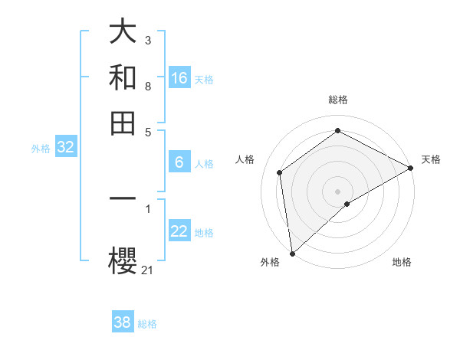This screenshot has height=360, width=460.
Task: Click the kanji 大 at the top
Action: [123, 33]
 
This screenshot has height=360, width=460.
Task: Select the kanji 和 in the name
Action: [123, 78]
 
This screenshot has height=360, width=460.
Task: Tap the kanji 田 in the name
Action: [123, 122]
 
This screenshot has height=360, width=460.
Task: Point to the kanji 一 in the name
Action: [123, 198]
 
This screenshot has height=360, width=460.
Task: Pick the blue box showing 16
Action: [179, 78]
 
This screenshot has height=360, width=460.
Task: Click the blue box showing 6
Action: [179, 162]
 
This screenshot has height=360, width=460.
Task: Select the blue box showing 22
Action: [179, 232]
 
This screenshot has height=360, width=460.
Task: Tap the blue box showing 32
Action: [65, 148]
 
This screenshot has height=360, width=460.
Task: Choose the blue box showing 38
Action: [123, 322]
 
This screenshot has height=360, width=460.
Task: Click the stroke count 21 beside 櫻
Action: [148, 270]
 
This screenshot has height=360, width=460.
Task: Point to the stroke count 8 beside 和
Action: [148, 87]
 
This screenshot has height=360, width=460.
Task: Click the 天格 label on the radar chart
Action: [431, 159]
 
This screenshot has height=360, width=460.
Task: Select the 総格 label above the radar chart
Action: [338, 100]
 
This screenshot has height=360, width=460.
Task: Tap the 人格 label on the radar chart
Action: [245, 159]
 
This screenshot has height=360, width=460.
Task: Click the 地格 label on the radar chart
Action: [402, 262]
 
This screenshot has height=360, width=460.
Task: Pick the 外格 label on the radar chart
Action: [270, 262]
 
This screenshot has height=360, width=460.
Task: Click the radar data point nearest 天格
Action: [411, 169]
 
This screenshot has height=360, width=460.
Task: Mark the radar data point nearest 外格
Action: [292, 254]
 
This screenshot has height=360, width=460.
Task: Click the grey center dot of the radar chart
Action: [338, 191]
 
